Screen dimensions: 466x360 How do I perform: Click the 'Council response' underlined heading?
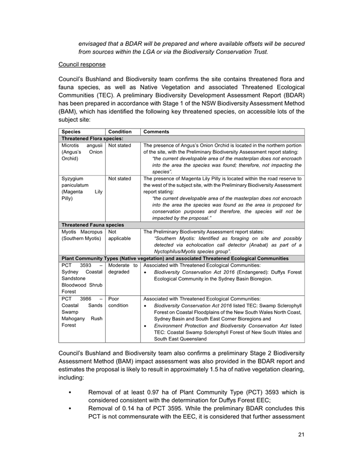[82, 65]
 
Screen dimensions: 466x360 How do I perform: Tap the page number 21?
[301, 435]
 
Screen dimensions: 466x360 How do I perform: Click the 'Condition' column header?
[120, 131]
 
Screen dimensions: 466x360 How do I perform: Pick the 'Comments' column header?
[156, 131]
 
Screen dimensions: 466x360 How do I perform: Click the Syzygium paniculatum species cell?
[81, 188]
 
